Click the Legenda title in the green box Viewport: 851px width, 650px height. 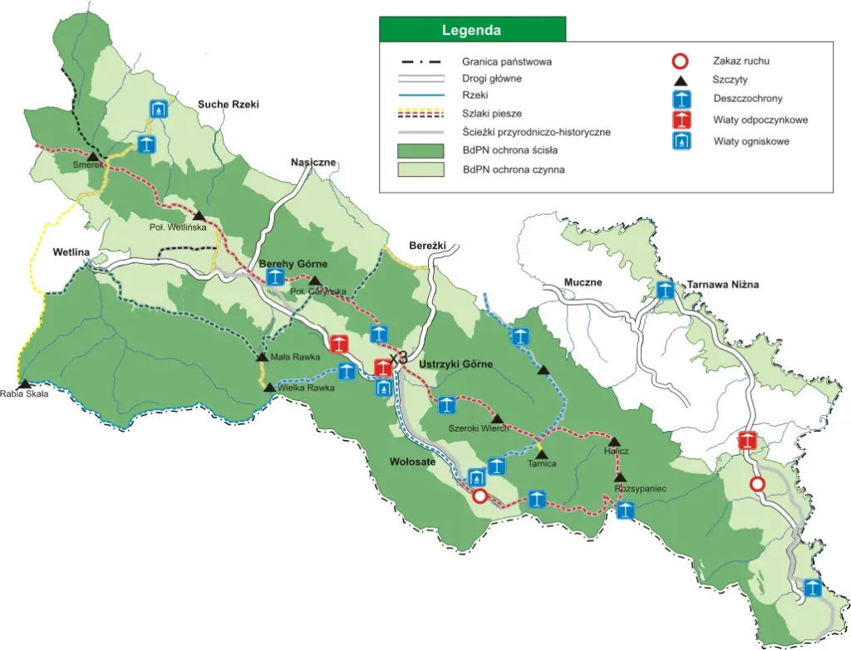471,31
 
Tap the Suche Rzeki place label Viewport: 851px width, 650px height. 229,105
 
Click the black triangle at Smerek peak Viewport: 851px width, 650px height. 93,156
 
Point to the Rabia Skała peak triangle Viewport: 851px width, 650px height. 25,384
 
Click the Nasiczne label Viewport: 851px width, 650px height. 312,163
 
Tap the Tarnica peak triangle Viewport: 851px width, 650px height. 541,453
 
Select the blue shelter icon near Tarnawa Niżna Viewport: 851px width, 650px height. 665,291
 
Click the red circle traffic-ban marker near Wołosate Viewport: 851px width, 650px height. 480,496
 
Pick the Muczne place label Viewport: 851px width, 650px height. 583,282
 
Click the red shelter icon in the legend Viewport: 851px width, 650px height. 681,120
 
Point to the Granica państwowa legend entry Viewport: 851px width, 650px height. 506,61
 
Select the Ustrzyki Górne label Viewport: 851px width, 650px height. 456,364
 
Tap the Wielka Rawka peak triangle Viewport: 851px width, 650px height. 269,387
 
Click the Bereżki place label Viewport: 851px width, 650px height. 428,246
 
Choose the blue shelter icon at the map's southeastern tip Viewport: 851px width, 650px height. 814,588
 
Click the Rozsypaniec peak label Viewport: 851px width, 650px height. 641,489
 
